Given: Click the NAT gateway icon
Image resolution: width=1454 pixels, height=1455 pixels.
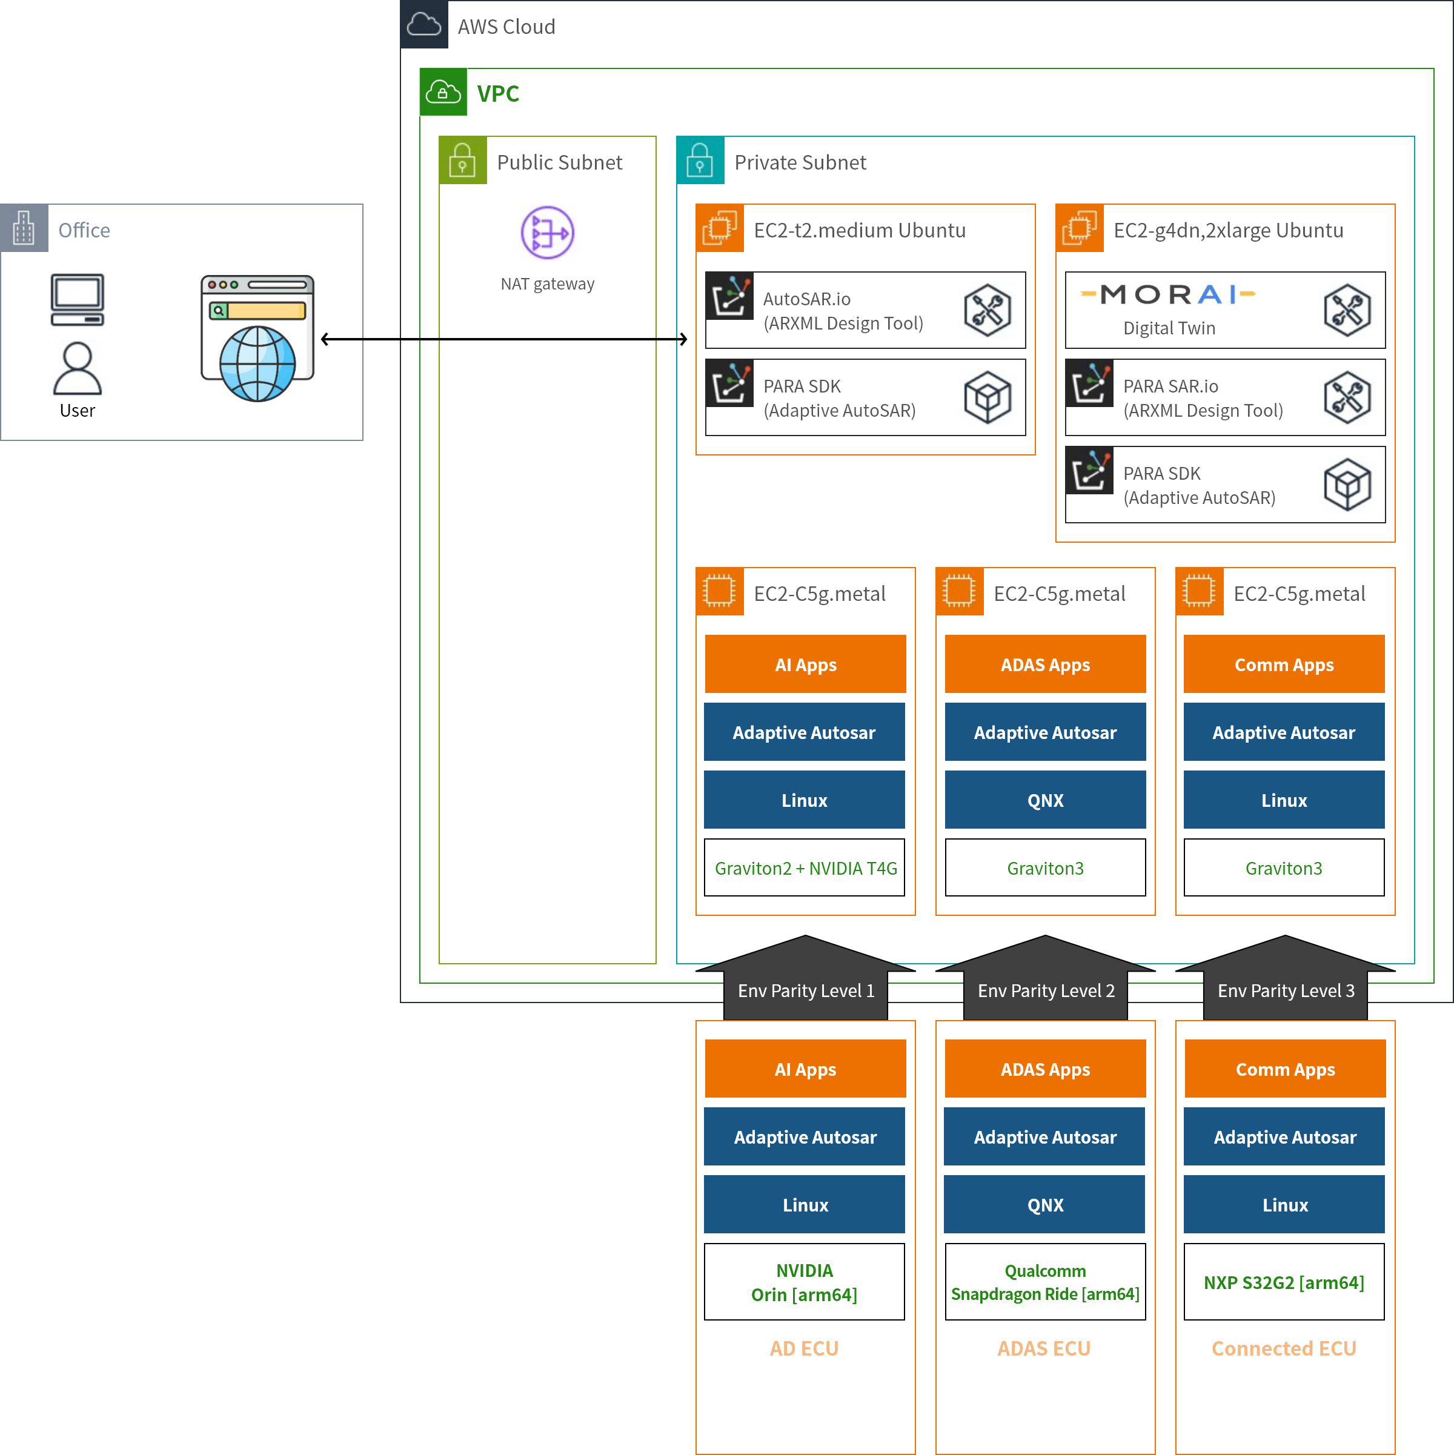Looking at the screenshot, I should (548, 233).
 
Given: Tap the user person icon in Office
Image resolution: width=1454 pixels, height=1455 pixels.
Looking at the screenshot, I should (77, 368).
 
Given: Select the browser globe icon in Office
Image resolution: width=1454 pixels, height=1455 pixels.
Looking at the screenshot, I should (257, 338).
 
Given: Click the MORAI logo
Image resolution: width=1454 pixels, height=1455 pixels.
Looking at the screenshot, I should (1167, 294).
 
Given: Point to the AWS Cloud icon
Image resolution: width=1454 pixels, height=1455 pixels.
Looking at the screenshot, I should (424, 25).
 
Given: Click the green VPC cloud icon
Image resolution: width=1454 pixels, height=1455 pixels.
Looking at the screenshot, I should (443, 93).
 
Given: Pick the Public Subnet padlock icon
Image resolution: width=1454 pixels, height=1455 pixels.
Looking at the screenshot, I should (463, 161).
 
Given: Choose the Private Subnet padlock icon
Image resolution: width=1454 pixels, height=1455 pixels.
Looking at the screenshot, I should (700, 161).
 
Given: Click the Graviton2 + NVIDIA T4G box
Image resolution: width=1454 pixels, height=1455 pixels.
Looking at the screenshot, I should (805, 868).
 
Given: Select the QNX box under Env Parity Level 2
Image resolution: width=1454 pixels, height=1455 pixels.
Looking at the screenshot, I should (1044, 1204).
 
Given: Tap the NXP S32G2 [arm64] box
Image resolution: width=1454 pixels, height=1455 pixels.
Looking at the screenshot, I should (1284, 1282).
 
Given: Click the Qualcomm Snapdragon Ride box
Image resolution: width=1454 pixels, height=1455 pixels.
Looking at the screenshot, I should (1045, 1282).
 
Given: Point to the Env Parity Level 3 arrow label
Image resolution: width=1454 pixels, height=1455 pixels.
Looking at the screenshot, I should (1285, 990).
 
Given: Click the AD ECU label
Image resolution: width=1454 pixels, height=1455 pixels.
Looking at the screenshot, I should (804, 1348).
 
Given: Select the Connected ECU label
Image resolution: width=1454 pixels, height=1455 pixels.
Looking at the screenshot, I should (1284, 1348).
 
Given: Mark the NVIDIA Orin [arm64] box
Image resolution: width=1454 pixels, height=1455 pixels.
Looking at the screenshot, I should (804, 1282).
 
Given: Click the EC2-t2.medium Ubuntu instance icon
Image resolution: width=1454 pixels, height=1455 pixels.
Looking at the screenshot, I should (720, 228).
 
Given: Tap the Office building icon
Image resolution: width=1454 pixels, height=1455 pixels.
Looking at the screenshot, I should (24, 228).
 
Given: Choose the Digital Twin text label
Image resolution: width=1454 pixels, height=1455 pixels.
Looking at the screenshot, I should (1169, 328).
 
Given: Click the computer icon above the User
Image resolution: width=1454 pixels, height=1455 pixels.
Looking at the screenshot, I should (77, 300).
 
